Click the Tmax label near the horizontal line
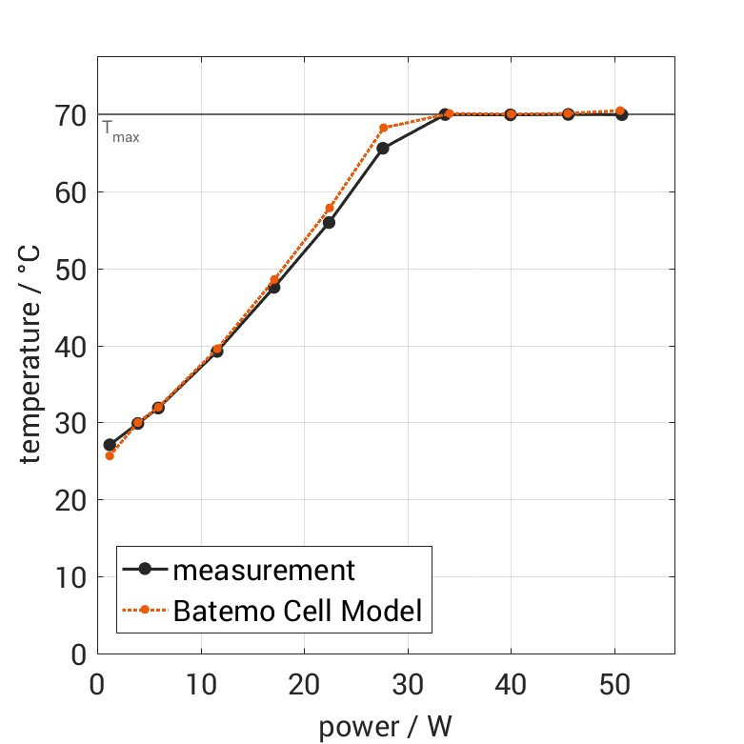121,132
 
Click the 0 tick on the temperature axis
80,654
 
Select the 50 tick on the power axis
614,685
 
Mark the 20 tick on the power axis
304,685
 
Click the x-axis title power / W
385,727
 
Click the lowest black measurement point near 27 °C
110,445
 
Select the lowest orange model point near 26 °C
110,455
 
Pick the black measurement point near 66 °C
383,149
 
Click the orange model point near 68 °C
384,128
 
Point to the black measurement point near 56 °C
329,222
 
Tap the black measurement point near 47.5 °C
274,288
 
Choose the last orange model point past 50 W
620,111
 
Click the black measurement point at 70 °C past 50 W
622,115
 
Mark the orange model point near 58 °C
330,209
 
